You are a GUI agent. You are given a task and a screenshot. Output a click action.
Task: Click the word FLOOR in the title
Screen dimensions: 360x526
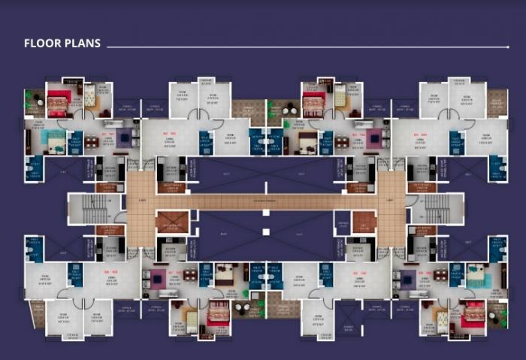(x=41, y=44)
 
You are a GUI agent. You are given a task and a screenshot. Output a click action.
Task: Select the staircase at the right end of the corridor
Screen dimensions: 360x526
(x=437, y=206)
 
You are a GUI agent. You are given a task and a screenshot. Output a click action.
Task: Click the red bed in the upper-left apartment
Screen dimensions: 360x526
(x=58, y=101)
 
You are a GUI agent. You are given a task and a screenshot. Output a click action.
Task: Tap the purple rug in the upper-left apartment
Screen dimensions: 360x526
(x=124, y=138)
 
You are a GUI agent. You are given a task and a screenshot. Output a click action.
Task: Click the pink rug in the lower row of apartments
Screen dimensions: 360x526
(x=158, y=278)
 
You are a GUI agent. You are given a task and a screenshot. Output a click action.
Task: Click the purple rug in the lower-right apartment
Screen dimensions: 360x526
(x=406, y=278)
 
